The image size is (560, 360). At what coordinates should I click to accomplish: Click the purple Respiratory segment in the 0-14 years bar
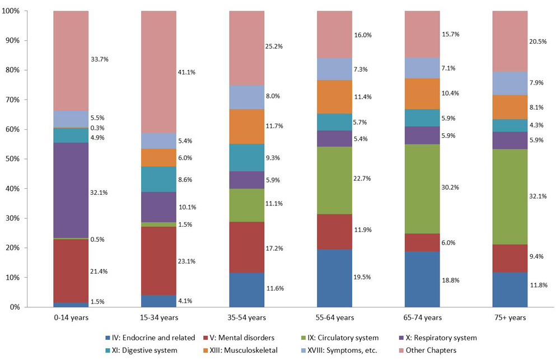[x=71, y=190]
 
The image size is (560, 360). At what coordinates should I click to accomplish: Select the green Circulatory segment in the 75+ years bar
[x=510, y=197]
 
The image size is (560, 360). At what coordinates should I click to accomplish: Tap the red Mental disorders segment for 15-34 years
[x=158, y=260]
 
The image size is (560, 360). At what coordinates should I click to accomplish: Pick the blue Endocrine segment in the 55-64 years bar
[x=334, y=278]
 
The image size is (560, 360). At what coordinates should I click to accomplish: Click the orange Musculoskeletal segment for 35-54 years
[x=246, y=126]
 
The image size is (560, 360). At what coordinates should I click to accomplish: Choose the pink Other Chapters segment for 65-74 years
[x=422, y=34]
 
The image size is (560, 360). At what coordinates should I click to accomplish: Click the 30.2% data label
[x=450, y=188]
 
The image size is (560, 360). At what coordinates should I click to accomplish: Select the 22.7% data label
[x=363, y=179]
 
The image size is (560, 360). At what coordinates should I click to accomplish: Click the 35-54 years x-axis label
[x=246, y=318]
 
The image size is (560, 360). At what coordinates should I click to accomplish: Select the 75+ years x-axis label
[x=510, y=318]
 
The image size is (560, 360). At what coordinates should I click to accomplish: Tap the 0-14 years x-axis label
[x=71, y=318]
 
